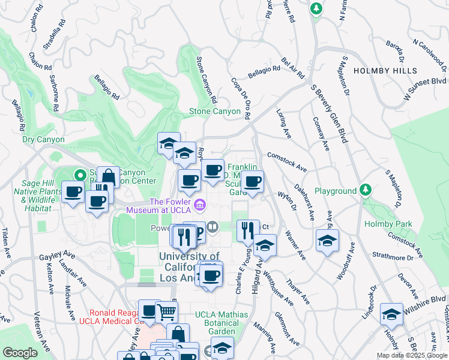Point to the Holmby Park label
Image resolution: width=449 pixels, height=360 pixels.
pyautogui.click(x=388, y=224)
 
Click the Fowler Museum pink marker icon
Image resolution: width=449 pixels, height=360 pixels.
pyautogui.click(x=200, y=206)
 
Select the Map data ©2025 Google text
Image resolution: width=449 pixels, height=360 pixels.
pyautogui.click(x=411, y=355)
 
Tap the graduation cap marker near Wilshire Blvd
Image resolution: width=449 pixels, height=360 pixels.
pyautogui.click(x=391, y=314)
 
